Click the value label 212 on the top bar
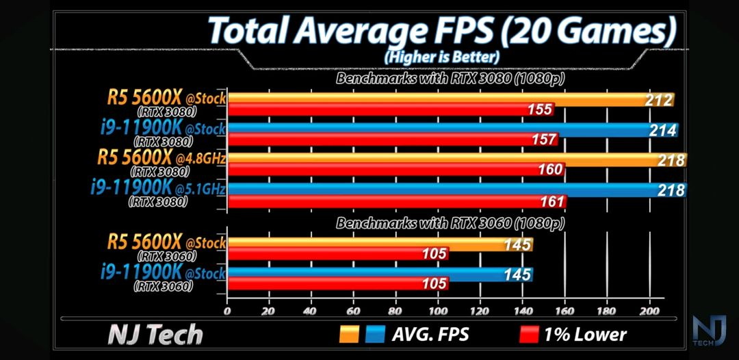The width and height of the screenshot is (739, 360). click(659, 101)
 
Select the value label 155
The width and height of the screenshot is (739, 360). click(540, 110)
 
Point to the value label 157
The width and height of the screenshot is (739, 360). click(545, 140)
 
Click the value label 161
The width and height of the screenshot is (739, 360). click(553, 201)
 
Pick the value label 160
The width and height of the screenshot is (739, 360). click(550, 170)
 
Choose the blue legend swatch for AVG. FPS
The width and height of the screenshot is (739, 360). click(376, 334)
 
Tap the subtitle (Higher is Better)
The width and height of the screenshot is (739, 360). click(441, 56)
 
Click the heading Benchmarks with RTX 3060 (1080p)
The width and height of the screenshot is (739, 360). click(450, 222)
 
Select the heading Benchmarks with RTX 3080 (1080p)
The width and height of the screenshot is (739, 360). click(450, 79)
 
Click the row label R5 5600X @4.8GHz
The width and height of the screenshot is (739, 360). click(161, 159)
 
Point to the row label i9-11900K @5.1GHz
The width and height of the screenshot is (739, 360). click(157, 188)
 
